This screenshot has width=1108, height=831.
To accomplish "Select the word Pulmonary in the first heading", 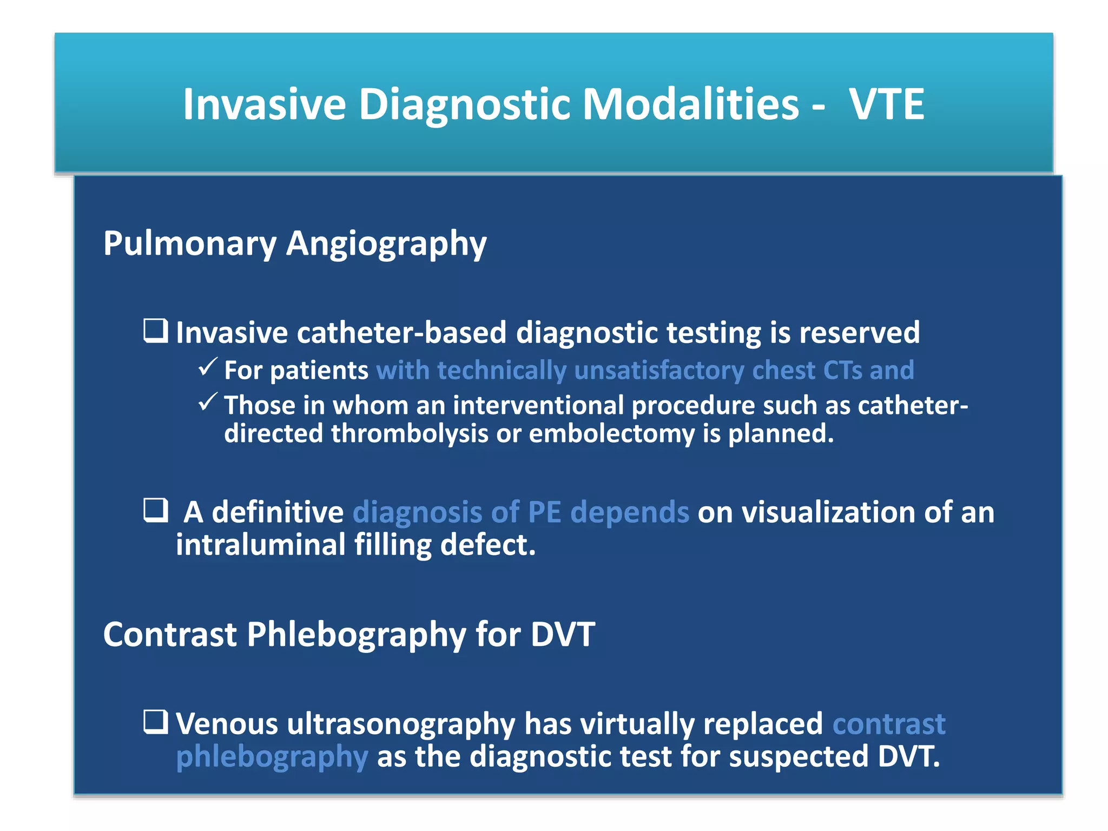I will (190, 243).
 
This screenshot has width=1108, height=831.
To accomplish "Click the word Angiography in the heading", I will (386, 243).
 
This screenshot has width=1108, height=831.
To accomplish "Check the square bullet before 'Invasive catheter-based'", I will (156, 331).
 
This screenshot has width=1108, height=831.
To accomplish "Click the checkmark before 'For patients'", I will (208, 367).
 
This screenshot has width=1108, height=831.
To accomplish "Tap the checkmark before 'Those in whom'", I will (208, 403).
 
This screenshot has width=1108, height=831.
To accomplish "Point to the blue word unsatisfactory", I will (659, 371).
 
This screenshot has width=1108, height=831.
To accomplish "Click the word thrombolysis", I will (410, 433).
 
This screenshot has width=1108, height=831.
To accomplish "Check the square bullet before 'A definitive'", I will (156, 510).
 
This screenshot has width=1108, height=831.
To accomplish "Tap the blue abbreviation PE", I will (544, 512).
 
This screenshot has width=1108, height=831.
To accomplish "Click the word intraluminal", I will (260, 544).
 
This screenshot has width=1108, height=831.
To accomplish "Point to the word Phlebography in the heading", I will (356, 634).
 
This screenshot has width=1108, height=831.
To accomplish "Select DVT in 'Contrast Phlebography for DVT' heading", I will (563, 634).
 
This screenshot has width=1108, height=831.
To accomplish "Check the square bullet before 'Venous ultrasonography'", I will (156, 722).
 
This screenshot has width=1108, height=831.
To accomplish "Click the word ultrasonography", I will (400, 724).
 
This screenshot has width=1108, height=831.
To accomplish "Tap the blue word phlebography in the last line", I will (272, 756).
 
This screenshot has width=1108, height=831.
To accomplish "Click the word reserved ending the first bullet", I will (859, 332).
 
